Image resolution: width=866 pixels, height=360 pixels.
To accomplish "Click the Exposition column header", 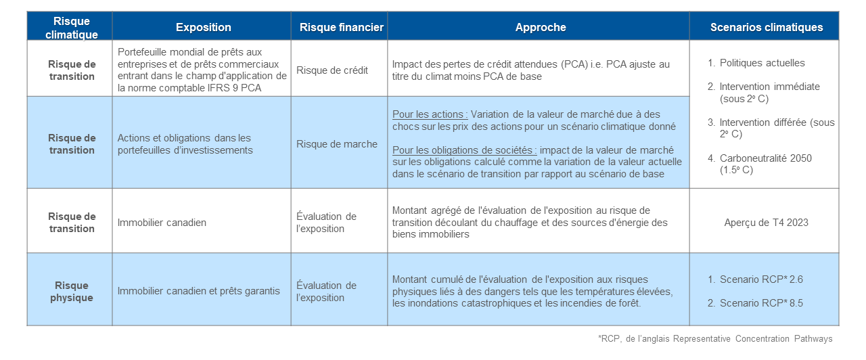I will click(x=203, y=28).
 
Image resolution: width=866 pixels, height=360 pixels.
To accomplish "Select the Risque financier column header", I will click(x=341, y=28).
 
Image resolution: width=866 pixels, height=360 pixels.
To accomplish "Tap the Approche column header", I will click(x=540, y=28).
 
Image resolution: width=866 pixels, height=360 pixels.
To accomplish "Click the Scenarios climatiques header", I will click(x=766, y=28).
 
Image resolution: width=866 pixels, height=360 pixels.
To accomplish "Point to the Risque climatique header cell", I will click(x=71, y=28).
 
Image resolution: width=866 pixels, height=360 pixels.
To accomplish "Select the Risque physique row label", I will click(x=71, y=291).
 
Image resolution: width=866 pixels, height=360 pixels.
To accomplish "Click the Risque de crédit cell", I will click(x=332, y=70).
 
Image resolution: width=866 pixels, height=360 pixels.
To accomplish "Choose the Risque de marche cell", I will click(x=336, y=143).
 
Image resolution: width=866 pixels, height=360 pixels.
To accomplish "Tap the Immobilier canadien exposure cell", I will click(x=162, y=222).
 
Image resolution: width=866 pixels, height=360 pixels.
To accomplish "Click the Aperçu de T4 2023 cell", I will click(x=766, y=222).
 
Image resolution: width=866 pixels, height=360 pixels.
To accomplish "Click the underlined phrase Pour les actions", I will click(x=430, y=114).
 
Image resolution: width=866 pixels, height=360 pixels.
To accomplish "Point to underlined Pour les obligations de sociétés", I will click(x=464, y=150).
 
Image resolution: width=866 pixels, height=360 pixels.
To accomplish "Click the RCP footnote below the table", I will click(x=715, y=338).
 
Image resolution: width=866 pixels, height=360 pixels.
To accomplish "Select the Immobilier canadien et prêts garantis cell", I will click(x=198, y=291).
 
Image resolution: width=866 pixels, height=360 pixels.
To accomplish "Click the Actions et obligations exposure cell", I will click(x=185, y=143).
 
